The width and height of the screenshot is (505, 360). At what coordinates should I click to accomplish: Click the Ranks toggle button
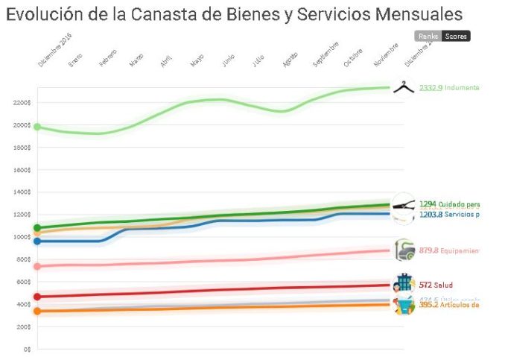coord(428,36)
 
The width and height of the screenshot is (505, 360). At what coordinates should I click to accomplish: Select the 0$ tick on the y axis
coord(26,348)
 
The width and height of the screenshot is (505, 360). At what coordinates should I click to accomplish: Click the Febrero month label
coord(108,60)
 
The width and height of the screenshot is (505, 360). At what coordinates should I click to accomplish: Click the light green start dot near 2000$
coord(37,127)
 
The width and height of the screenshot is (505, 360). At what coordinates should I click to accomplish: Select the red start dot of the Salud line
coord(37,297)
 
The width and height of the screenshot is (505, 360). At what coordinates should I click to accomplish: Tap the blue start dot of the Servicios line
coord(37,241)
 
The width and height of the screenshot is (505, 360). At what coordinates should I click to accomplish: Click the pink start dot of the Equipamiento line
coord(37,266)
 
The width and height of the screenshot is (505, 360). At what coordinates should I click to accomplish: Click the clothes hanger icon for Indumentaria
coord(403,88)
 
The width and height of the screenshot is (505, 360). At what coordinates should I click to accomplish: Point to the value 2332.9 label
coord(431,88)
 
